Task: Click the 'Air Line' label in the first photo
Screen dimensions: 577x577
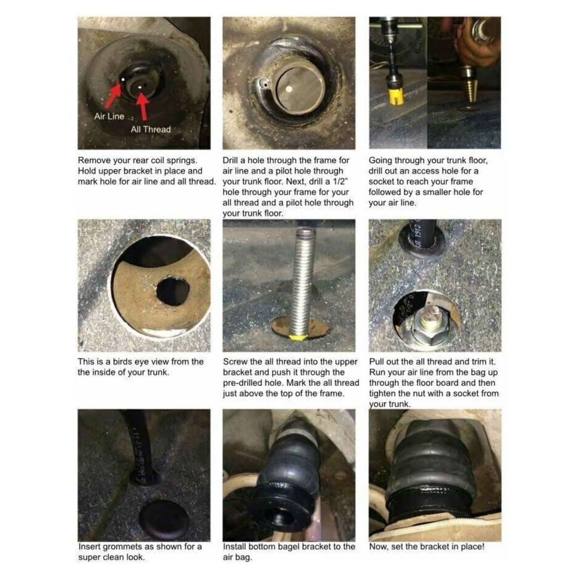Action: (109, 116)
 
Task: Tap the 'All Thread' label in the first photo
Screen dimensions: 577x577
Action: (151, 129)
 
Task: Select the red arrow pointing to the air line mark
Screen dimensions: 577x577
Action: (113, 95)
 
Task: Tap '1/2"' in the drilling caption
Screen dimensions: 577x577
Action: (341, 181)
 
